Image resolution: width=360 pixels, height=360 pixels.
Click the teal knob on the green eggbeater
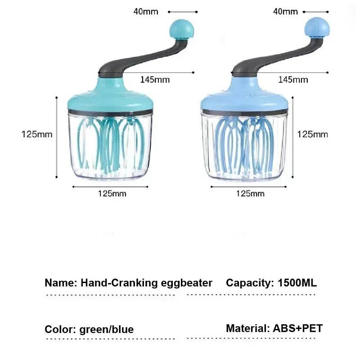(x=182, y=30)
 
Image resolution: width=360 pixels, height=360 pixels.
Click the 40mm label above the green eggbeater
(x=146, y=11)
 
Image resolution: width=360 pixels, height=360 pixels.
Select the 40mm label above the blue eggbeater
(x=286, y=11)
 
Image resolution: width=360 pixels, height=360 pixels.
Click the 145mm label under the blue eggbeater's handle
(x=293, y=80)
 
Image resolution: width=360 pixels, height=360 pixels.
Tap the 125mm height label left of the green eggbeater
(x=37, y=134)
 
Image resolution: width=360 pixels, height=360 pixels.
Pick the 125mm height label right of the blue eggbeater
(x=312, y=134)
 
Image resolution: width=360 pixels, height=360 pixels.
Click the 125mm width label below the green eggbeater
(x=112, y=193)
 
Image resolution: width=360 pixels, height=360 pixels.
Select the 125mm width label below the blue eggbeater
(x=250, y=193)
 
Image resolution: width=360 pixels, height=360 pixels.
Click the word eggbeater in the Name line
(x=186, y=283)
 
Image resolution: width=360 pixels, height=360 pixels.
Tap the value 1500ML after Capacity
(x=297, y=283)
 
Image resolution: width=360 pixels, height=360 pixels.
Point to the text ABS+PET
(x=297, y=328)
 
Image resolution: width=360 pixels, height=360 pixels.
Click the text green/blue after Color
(x=106, y=329)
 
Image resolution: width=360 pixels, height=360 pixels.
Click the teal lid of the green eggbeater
(x=110, y=99)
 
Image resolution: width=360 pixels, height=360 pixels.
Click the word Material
(x=247, y=328)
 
